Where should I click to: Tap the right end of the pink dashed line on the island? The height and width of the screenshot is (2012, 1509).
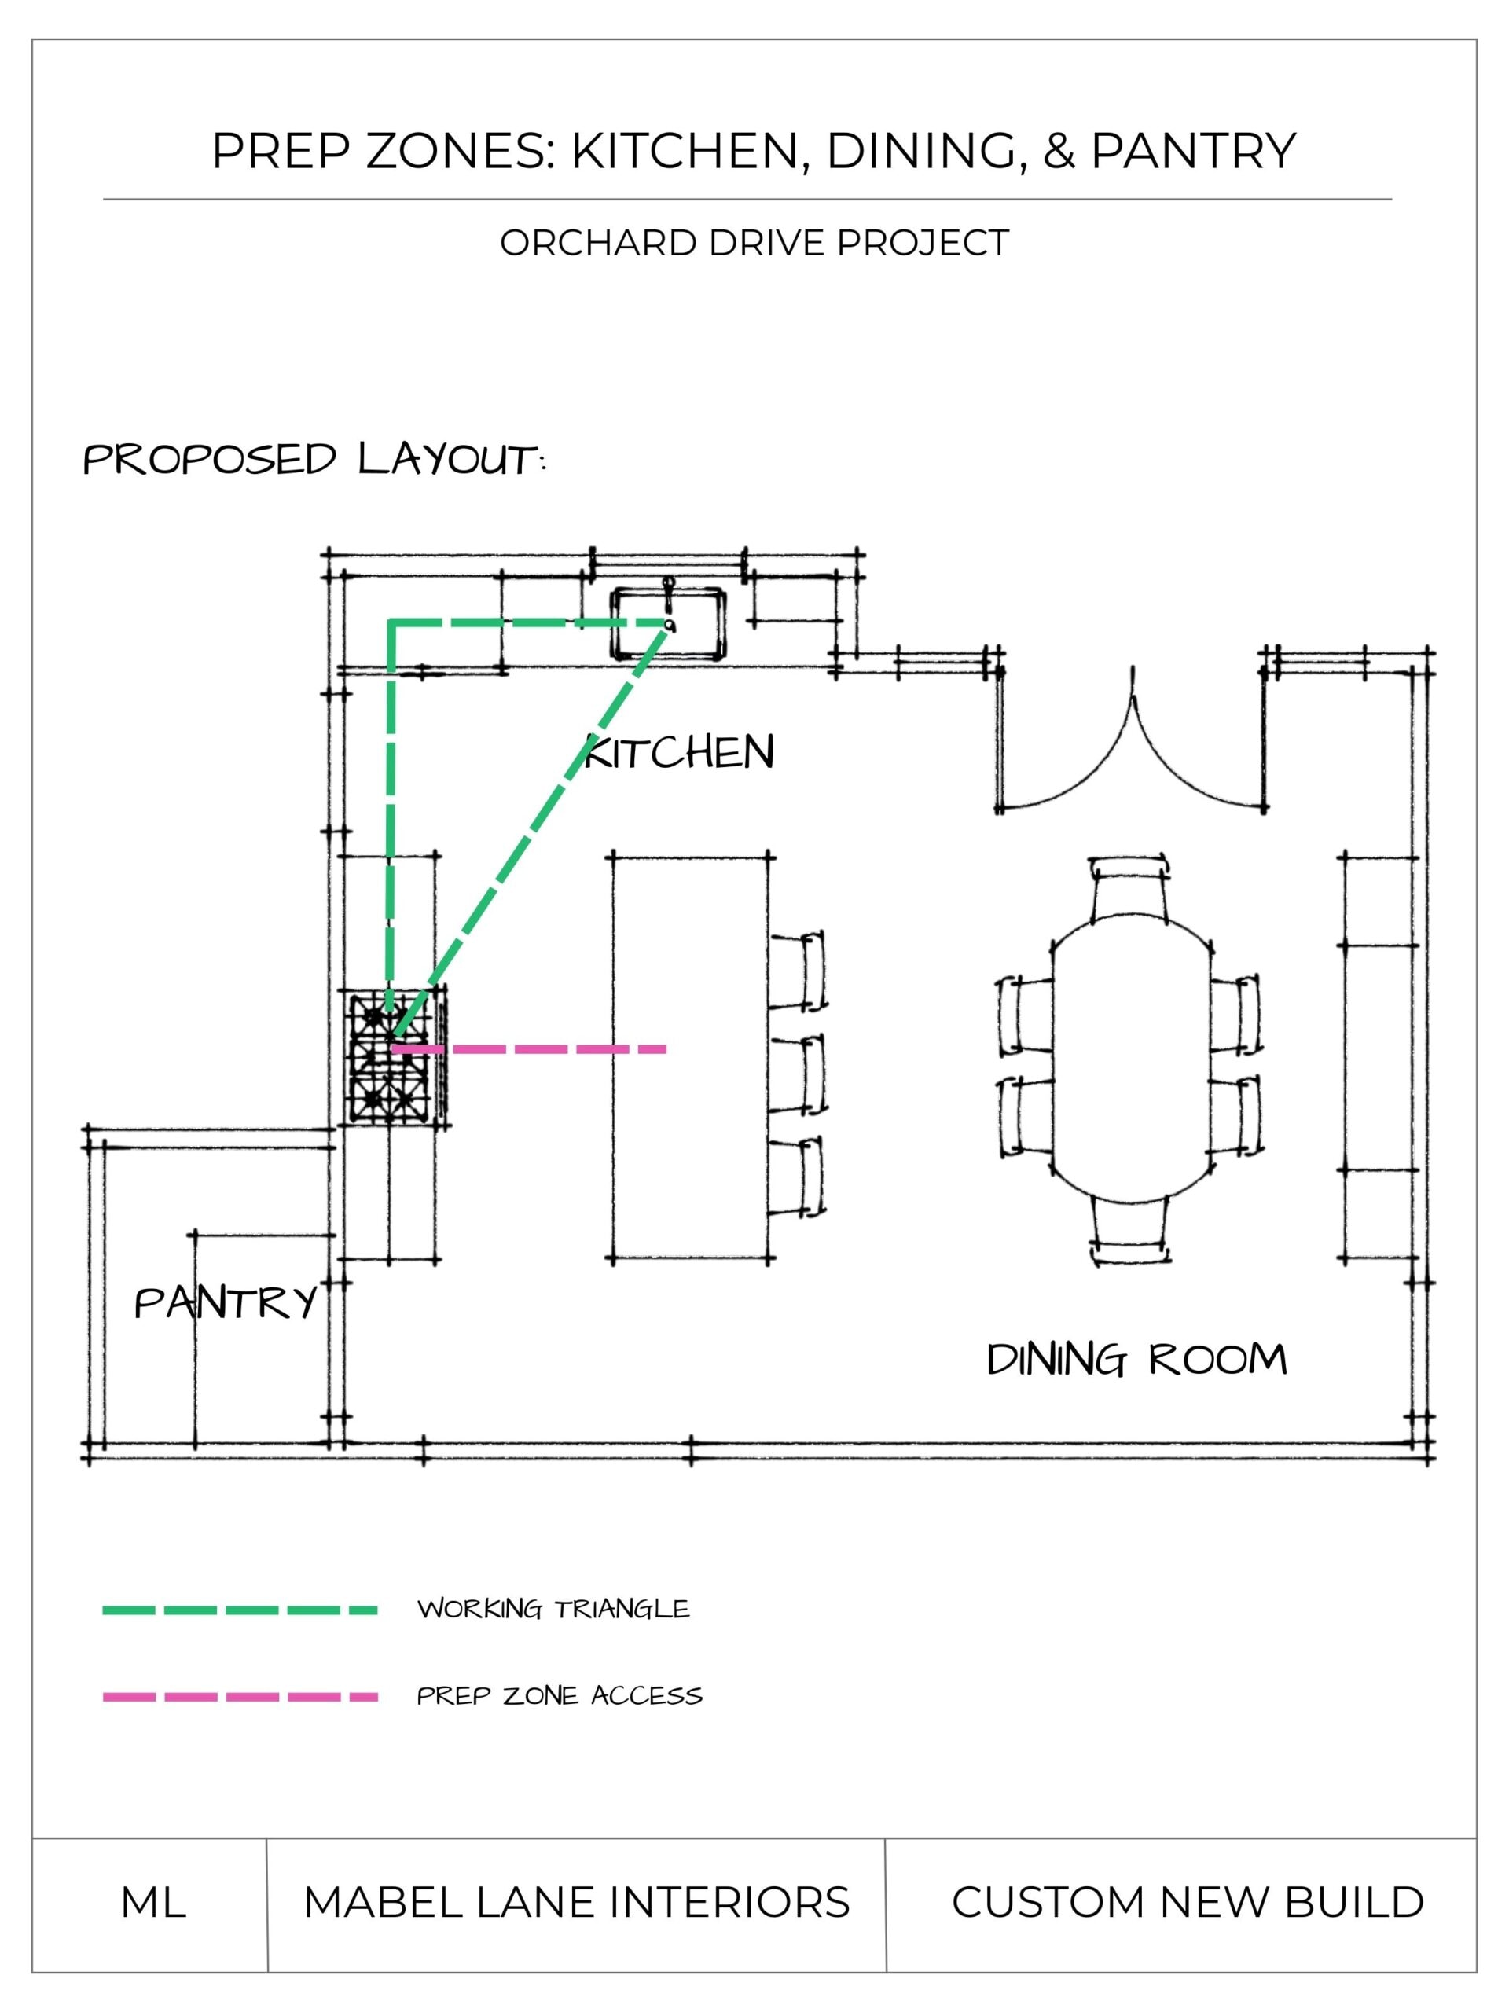[x=666, y=1050]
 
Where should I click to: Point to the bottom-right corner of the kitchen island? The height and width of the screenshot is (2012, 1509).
[x=769, y=1260]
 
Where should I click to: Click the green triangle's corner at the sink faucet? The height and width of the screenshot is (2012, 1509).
[x=669, y=625]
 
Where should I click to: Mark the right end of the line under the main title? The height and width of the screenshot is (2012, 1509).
[x=1392, y=199]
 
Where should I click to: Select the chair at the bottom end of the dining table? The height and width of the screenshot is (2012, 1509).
[x=1129, y=1229]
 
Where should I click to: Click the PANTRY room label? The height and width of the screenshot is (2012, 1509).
[x=226, y=1302]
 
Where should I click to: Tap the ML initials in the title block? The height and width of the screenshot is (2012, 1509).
[x=154, y=1903]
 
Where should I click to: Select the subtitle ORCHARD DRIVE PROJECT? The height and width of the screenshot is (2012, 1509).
[x=754, y=243]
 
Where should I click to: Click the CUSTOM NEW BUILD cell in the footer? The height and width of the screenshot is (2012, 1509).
[x=1188, y=1903]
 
